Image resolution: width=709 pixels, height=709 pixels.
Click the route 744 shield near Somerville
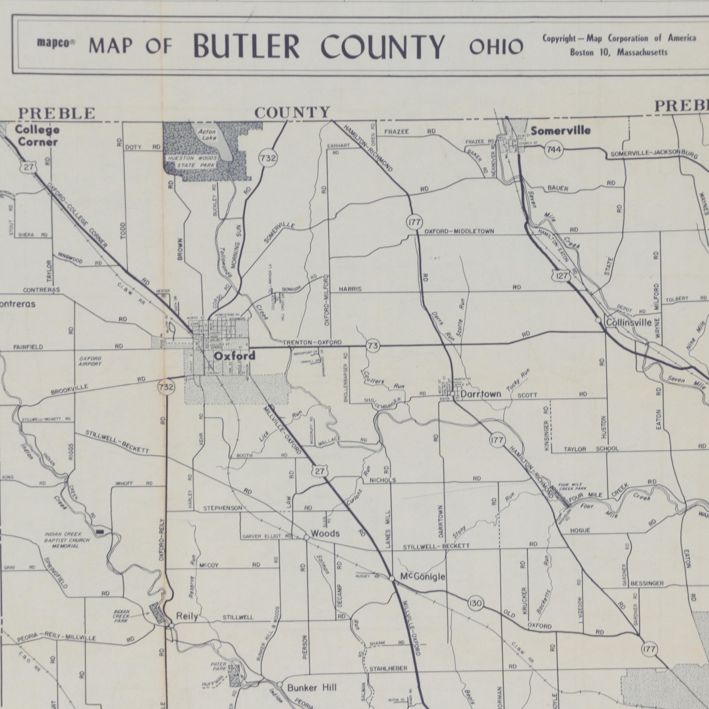(x=553, y=150)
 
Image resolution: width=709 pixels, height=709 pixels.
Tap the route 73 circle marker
(x=373, y=346)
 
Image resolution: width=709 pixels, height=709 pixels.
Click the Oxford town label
(x=234, y=356)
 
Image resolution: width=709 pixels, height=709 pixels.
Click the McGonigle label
(x=423, y=577)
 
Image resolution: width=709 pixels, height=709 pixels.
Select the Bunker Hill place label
(x=312, y=687)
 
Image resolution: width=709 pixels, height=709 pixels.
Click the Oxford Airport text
(x=90, y=361)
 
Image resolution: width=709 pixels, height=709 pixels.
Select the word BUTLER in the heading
(x=246, y=47)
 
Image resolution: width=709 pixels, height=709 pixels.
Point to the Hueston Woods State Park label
(x=192, y=162)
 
